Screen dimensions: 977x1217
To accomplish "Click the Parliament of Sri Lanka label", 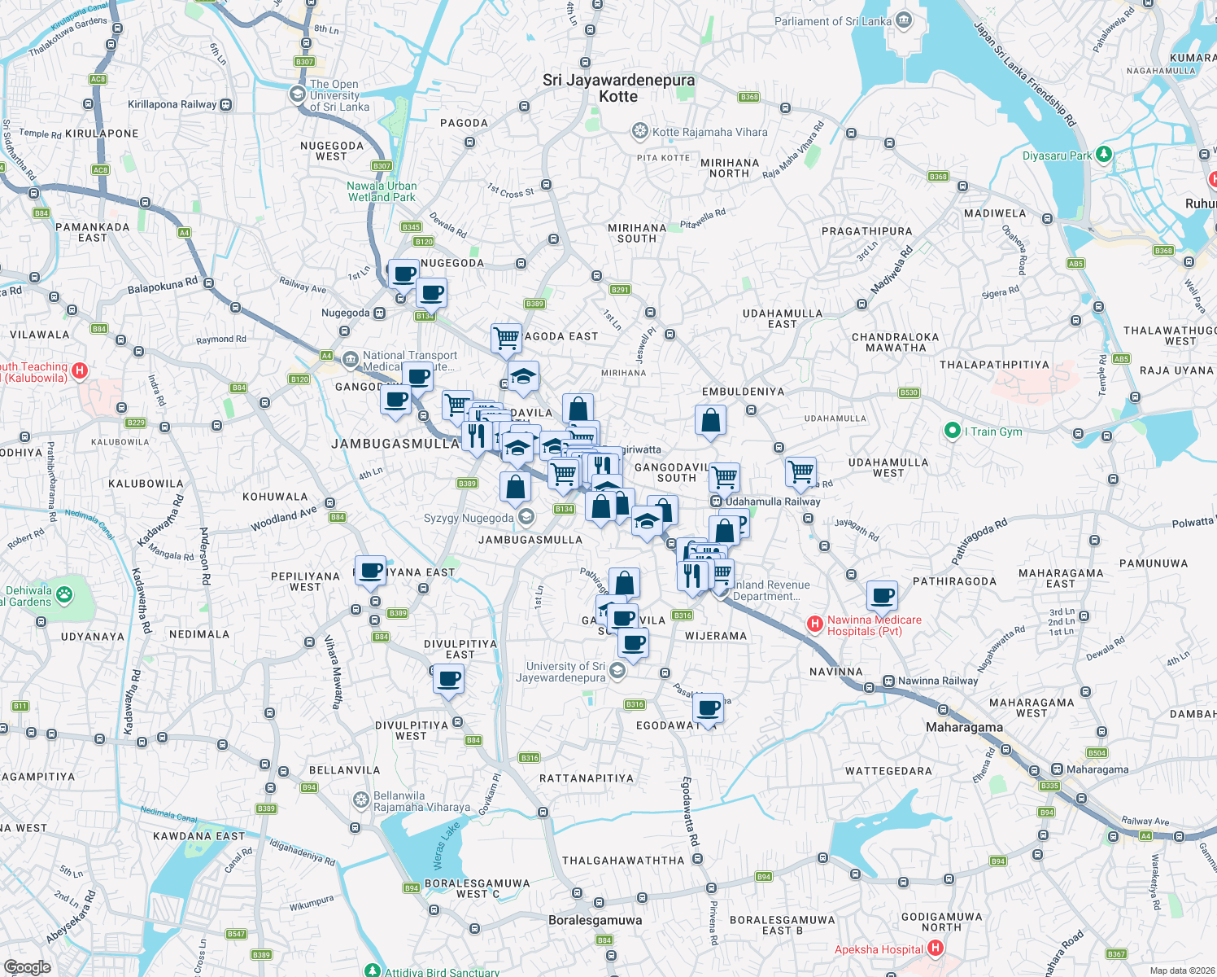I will tap(832, 21).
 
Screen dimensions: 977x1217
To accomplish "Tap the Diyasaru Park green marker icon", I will tap(1103, 154).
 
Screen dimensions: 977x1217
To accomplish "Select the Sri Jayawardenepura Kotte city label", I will tap(618, 88).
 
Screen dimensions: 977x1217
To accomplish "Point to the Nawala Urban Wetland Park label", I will tap(382, 191).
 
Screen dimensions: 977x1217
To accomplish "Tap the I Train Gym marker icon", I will tap(952, 431).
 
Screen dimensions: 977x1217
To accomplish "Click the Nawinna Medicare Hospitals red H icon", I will tap(814, 624).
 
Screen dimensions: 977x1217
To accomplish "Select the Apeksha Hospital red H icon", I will tap(935, 948).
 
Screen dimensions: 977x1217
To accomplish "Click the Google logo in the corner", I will tap(27, 966).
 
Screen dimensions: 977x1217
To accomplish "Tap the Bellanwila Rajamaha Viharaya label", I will tap(421, 801).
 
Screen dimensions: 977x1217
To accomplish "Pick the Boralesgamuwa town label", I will tap(595, 920).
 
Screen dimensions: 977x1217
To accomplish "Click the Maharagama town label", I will tap(964, 727).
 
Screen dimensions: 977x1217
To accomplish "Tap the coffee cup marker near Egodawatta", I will tap(709, 708).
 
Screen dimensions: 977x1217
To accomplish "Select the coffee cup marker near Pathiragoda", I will tap(882, 595).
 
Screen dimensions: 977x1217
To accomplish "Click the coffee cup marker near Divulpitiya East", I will tap(448, 677).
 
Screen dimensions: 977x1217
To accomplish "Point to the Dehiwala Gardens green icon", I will tap(63, 595).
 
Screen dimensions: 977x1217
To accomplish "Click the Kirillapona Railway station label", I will tap(172, 104).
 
